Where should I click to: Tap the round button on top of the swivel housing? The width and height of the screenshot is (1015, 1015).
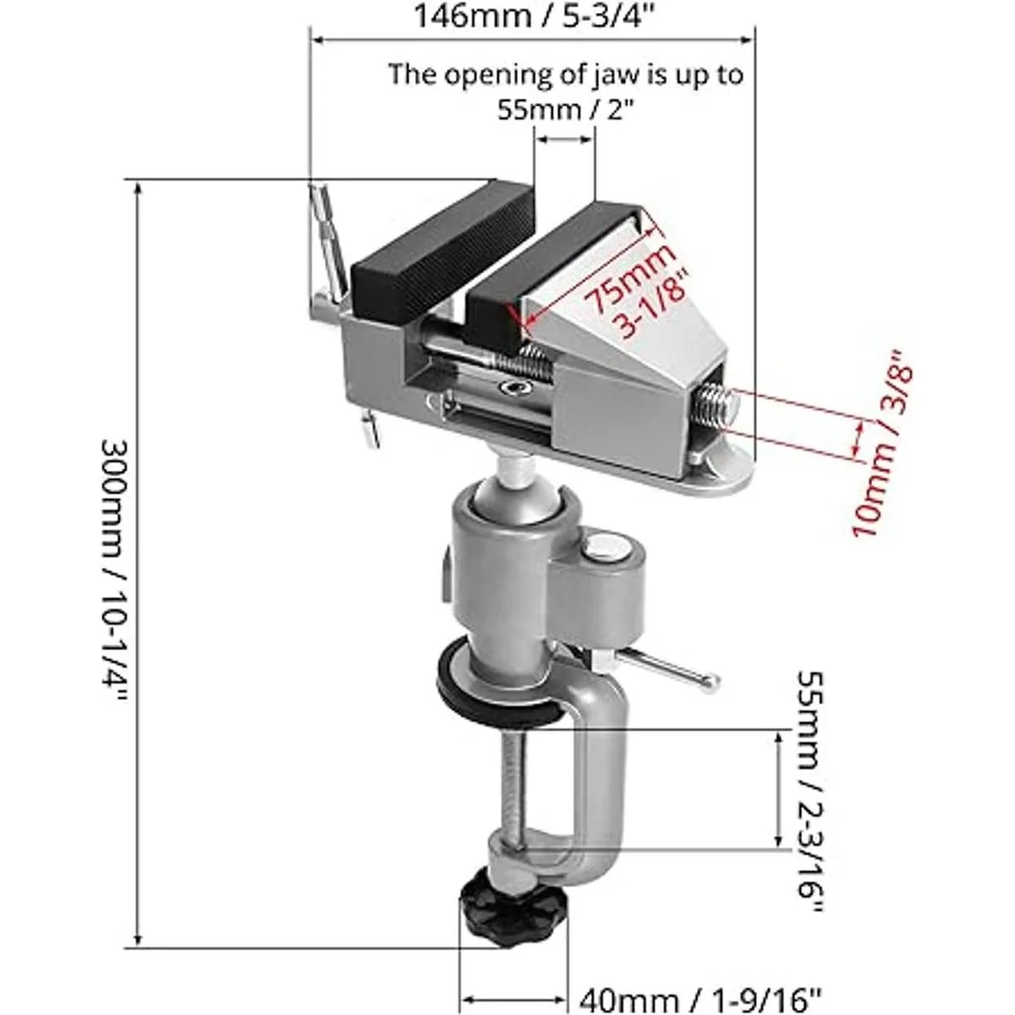(x=606, y=550)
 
